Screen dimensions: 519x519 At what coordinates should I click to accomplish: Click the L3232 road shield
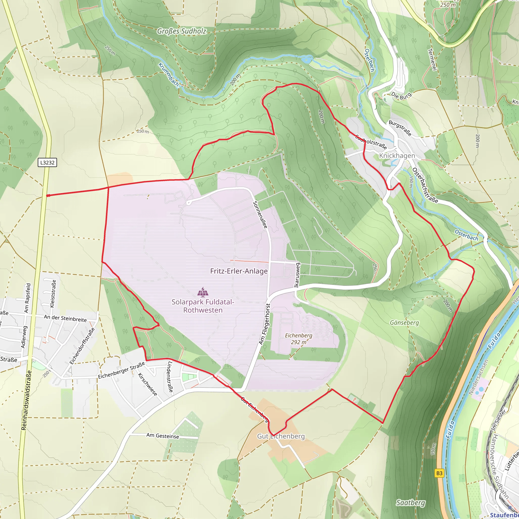(47, 162)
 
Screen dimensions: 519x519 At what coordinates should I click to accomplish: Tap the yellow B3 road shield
(439, 473)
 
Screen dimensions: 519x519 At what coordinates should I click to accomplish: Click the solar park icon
(203, 292)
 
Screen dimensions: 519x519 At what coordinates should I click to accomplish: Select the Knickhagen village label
(397, 156)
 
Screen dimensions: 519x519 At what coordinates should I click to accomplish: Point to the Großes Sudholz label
(182, 31)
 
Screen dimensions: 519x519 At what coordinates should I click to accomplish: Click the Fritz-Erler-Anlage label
(239, 271)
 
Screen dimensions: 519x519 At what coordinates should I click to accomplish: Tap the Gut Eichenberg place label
(281, 436)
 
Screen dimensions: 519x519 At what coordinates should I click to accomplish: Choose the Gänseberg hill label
(404, 323)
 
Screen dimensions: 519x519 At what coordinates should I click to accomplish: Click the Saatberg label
(411, 503)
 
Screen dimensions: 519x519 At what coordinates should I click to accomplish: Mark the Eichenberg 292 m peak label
(299, 339)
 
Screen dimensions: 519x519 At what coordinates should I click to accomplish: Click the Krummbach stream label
(169, 75)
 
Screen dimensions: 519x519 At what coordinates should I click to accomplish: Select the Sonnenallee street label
(260, 215)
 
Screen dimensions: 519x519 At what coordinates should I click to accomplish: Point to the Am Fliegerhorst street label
(265, 324)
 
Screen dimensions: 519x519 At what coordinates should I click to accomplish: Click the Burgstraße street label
(400, 128)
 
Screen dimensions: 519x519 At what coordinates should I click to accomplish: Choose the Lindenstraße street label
(170, 377)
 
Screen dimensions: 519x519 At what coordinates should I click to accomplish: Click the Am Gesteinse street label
(162, 436)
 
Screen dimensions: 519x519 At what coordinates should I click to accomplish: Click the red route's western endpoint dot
(48, 196)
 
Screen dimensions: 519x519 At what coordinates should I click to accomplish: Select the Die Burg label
(401, 96)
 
